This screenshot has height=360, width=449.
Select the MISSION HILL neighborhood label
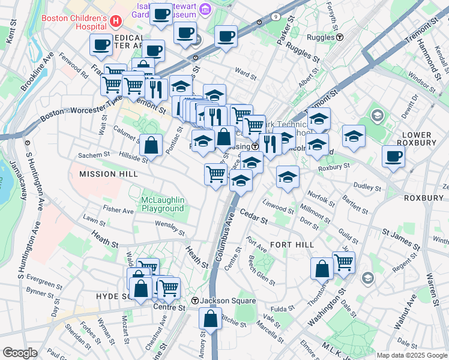click(x=109, y=173)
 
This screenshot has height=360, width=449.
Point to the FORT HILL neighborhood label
click(x=292, y=245)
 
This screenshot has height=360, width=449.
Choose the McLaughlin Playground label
click(x=162, y=204)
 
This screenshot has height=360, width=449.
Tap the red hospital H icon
click(x=116, y=21)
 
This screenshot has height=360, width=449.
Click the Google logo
click(x=20, y=352)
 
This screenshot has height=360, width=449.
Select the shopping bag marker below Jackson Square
click(x=210, y=319)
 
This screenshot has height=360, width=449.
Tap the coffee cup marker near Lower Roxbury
click(x=393, y=157)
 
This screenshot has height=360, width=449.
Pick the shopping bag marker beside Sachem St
click(x=151, y=145)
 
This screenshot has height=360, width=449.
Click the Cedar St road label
click(x=253, y=216)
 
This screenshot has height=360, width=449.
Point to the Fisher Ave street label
click(x=118, y=211)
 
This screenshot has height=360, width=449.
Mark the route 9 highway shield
click(x=275, y=17)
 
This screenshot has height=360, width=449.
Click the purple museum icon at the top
click(x=205, y=8)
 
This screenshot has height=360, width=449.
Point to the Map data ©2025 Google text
click(x=411, y=355)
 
